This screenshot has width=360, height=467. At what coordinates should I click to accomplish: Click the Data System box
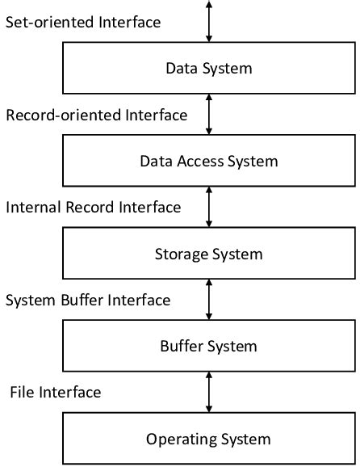coord(208,68)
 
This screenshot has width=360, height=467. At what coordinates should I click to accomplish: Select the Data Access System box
coord(208,161)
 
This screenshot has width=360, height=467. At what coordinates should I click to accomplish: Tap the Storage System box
coord(208,254)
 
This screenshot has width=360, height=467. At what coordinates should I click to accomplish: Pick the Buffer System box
coord(208,347)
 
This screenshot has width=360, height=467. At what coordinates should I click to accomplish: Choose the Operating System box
coord(208,440)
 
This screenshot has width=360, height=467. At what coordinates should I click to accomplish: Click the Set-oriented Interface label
coord(83,22)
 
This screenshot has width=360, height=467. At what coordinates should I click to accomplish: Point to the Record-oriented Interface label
coord(96,116)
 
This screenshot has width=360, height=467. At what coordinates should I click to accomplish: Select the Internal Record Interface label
coord(93,208)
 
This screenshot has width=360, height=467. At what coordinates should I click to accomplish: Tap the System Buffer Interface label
coord(88,301)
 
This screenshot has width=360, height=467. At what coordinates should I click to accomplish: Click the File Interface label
coord(56,393)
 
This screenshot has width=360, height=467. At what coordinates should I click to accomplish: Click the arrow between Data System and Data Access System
coord(209,115)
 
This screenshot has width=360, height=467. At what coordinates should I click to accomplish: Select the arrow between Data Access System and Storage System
coord(209,208)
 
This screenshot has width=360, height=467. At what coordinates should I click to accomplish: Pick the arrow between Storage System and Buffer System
coord(209,301)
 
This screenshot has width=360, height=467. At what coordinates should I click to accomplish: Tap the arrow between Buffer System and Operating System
coord(209,393)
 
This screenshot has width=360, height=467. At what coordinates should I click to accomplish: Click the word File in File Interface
coord(23,393)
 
